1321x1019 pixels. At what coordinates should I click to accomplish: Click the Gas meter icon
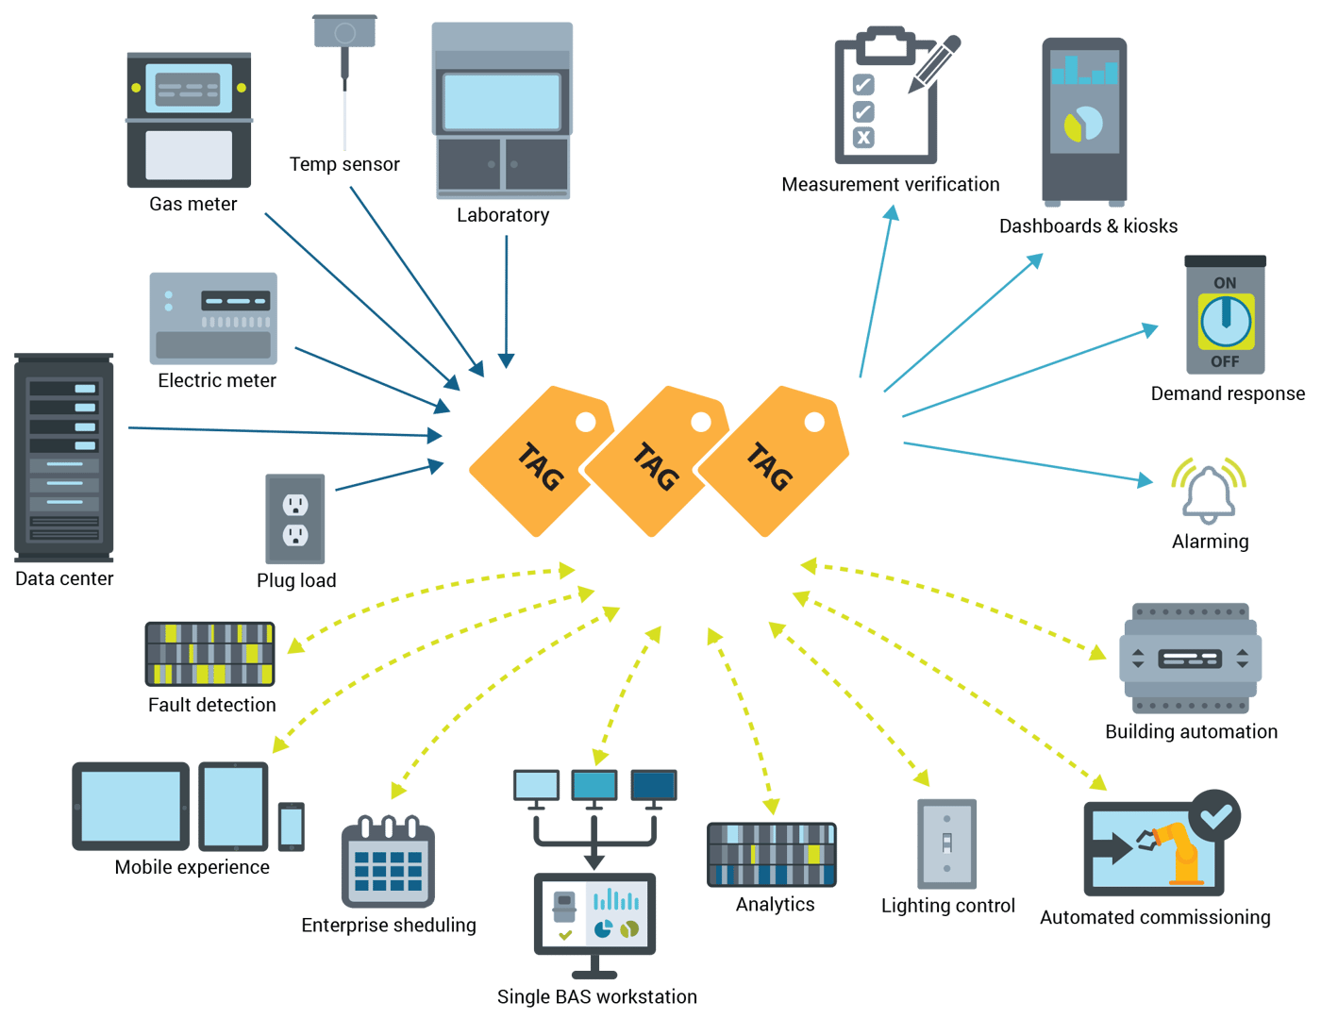(x=189, y=120)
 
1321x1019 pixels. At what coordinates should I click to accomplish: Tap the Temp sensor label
(x=343, y=164)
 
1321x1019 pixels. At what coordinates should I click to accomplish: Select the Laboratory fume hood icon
(x=502, y=110)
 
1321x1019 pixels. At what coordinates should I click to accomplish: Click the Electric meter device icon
(x=213, y=318)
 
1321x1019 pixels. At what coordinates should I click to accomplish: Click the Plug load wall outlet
(x=295, y=520)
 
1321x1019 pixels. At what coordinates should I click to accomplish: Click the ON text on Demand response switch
(x=1225, y=283)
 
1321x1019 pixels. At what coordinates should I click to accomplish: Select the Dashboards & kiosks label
(x=1088, y=226)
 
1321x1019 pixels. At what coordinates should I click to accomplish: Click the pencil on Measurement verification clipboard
(x=934, y=64)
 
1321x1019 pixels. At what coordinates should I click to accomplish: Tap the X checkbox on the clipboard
(x=863, y=138)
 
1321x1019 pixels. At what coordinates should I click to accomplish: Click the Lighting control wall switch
(x=946, y=844)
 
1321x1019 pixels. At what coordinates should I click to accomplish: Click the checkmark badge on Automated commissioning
(x=1215, y=815)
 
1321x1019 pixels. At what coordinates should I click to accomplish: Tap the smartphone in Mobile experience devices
(x=291, y=827)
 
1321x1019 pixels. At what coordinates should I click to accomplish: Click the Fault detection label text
(x=212, y=705)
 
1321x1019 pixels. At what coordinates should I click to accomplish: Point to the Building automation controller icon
(x=1190, y=659)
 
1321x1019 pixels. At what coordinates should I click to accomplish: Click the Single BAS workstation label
(x=597, y=997)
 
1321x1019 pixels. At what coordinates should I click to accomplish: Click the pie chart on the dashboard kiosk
(x=1083, y=124)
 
